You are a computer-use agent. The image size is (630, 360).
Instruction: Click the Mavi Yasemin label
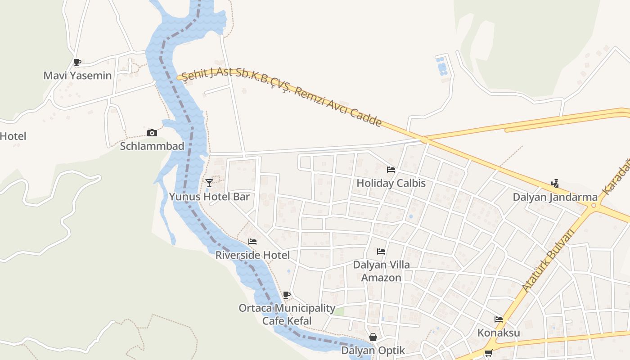pyautogui.click(x=77, y=75)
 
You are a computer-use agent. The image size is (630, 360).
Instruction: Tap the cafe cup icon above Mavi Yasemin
pyautogui.click(x=77, y=62)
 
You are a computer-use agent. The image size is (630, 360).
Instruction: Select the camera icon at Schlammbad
pyautogui.click(x=152, y=133)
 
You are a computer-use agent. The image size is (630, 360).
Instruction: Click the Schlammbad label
pyautogui.click(x=152, y=146)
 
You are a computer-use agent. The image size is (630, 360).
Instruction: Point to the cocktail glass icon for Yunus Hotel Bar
pyautogui.click(x=209, y=183)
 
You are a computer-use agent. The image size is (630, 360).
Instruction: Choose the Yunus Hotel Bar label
pyautogui.click(x=209, y=197)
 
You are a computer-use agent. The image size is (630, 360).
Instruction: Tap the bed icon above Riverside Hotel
pyautogui.click(x=252, y=242)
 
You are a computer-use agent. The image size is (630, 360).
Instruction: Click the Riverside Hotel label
pyautogui.click(x=252, y=255)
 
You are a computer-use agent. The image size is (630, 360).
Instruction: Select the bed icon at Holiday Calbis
pyautogui.click(x=391, y=170)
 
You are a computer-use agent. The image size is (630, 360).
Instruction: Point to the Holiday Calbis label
pyautogui.click(x=391, y=183)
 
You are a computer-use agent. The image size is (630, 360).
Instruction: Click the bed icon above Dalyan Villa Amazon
pyautogui.click(x=381, y=252)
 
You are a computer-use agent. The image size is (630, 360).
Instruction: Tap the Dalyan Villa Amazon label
pyautogui.click(x=381, y=271)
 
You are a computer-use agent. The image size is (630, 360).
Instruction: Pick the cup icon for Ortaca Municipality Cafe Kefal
pyautogui.click(x=287, y=295)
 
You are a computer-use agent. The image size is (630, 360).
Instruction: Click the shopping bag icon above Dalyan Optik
pyautogui.click(x=373, y=337)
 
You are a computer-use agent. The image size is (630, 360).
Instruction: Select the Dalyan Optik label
pyautogui.click(x=373, y=350)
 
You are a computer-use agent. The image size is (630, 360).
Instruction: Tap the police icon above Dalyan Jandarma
pyautogui.click(x=555, y=184)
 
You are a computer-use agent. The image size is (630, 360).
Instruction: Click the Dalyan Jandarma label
pyautogui.click(x=555, y=197)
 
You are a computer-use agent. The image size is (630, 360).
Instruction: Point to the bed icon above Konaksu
pyautogui.click(x=499, y=319)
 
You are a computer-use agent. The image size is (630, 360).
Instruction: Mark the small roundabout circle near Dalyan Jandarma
pyautogui.click(x=594, y=206)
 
